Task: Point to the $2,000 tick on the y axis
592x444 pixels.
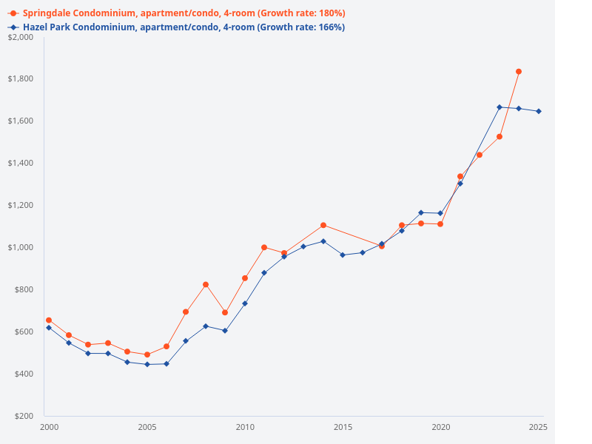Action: pyautogui.click(x=21, y=37)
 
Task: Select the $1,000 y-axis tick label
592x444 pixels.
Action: pyautogui.click(x=21, y=247)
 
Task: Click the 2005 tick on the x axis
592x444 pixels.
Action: pyautogui.click(x=147, y=428)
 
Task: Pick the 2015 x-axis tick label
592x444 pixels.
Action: pyautogui.click(x=343, y=428)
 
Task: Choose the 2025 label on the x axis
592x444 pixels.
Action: pyautogui.click(x=538, y=428)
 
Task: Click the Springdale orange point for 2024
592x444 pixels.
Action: pyautogui.click(x=519, y=72)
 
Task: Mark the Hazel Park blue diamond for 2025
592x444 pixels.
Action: pyautogui.click(x=539, y=111)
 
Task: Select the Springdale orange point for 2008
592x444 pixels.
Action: pyautogui.click(x=206, y=284)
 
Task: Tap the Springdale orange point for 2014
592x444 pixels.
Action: pyautogui.click(x=323, y=225)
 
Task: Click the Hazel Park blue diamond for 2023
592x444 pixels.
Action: pyautogui.click(x=499, y=107)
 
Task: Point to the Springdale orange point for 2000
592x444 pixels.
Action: pyautogui.click(x=49, y=320)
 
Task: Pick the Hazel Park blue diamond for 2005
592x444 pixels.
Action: pyautogui.click(x=147, y=364)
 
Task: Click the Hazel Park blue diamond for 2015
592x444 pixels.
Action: pyautogui.click(x=343, y=255)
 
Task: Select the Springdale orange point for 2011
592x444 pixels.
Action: pyautogui.click(x=264, y=247)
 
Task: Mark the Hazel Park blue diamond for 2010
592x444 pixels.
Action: pyautogui.click(x=245, y=303)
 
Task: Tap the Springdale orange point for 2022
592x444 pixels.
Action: pyautogui.click(x=480, y=155)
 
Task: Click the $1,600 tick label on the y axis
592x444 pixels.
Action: pyautogui.click(x=21, y=121)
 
